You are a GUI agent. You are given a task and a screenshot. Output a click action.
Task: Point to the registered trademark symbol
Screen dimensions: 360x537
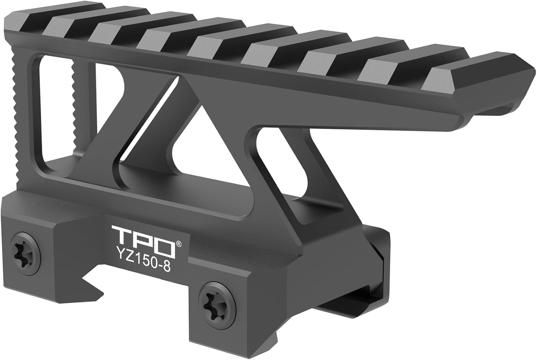click(x=178, y=243)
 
